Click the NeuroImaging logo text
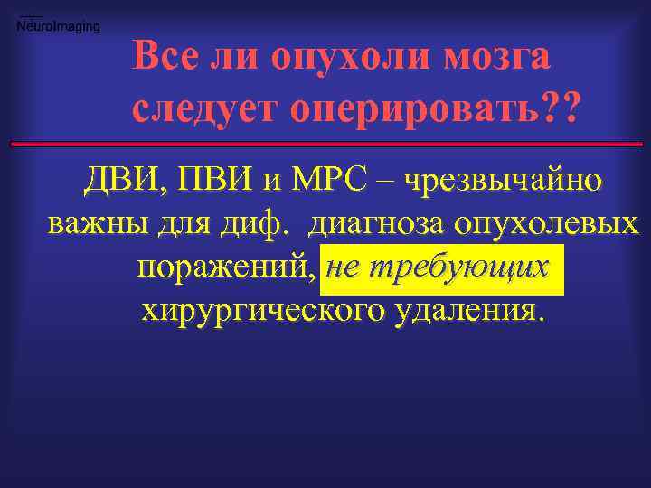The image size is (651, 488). [x=59, y=26]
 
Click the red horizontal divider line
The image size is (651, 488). [x=325, y=144]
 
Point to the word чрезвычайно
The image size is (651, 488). [x=503, y=182]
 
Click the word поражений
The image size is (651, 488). [x=225, y=268]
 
